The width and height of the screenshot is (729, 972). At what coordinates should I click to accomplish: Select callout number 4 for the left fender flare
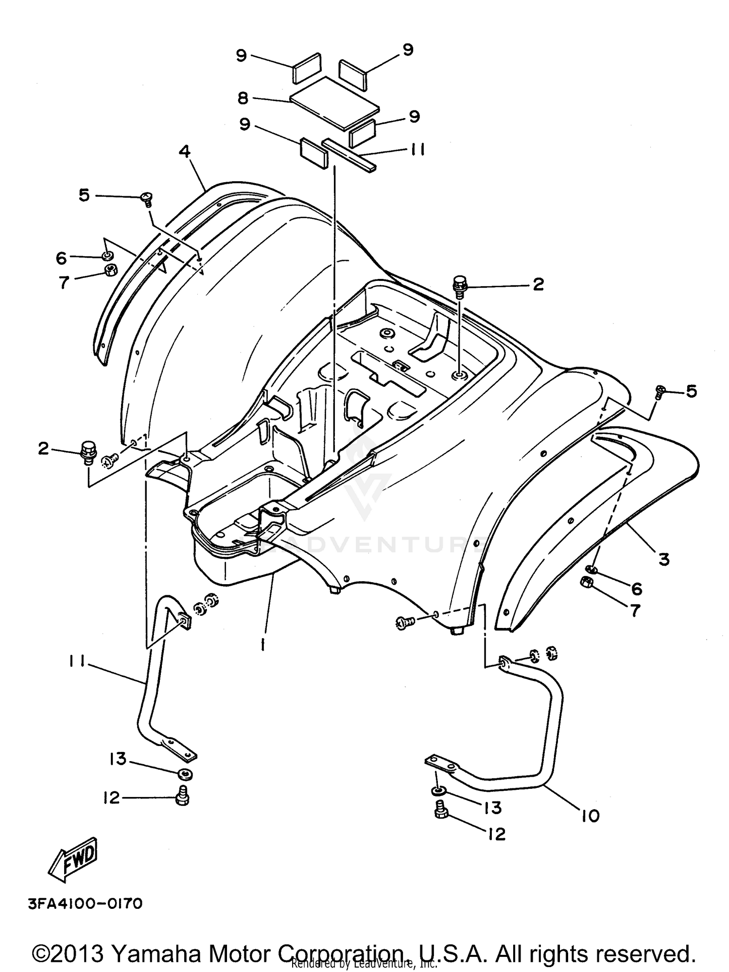tap(184, 152)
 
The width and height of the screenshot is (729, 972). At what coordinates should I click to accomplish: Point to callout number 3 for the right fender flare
tap(664, 559)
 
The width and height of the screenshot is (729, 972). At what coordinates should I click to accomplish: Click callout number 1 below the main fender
tap(263, 644)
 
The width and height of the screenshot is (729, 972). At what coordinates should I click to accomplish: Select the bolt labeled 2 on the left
tap(88, 451)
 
